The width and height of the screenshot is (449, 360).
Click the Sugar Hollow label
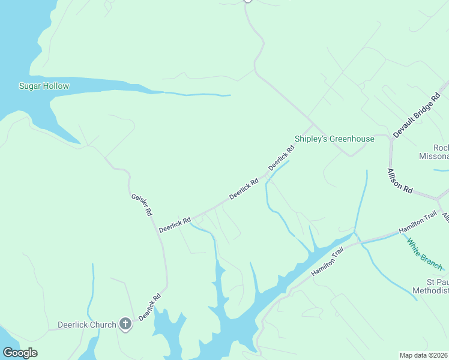44,86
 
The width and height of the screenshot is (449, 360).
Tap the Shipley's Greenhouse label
334,139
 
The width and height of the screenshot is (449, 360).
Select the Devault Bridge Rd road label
417,115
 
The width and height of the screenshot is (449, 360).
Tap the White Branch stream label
424,254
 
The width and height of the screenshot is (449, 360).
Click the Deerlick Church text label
86,325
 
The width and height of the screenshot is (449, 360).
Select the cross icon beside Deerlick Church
125,325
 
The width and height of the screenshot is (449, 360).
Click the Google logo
20,353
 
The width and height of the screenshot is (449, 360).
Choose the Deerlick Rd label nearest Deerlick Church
149,307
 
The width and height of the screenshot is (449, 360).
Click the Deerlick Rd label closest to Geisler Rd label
174,225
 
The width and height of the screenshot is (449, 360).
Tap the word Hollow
56,86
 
